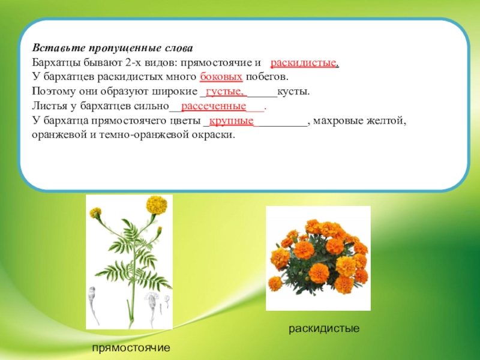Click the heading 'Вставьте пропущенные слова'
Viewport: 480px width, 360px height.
click(112, 49)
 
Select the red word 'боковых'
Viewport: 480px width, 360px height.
click(221, 77)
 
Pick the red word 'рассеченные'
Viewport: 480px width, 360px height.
click(214, 106)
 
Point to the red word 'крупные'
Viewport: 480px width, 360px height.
click(232, 121)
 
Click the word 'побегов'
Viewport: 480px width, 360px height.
click(266, 77)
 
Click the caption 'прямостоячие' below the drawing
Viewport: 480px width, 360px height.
click(131, 348)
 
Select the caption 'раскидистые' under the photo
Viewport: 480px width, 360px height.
click(324, 328)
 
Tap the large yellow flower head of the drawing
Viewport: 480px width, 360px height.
click(157, 205)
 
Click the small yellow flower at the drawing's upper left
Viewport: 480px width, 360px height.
click(95, 212)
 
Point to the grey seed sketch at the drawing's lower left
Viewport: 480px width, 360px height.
click(93, 305)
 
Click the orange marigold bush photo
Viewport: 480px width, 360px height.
click(319, 259)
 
